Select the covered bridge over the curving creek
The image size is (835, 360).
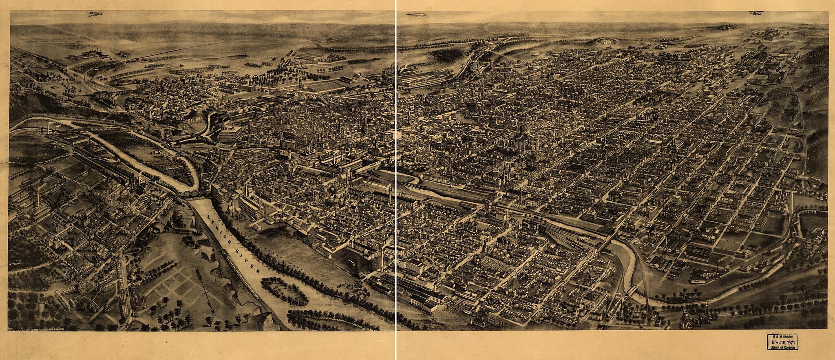[x=632, y=291]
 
